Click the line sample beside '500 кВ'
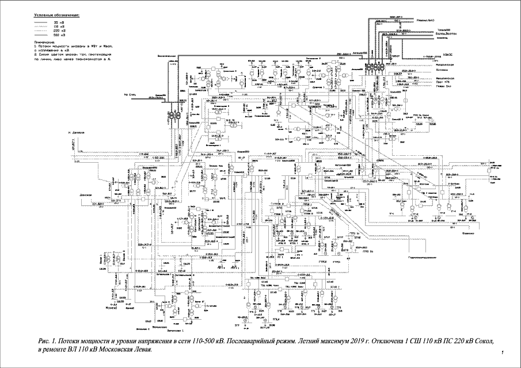point(40,34)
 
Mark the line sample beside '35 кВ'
point(40,21)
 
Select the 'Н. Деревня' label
point(77,132)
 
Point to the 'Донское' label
point(86,194)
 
